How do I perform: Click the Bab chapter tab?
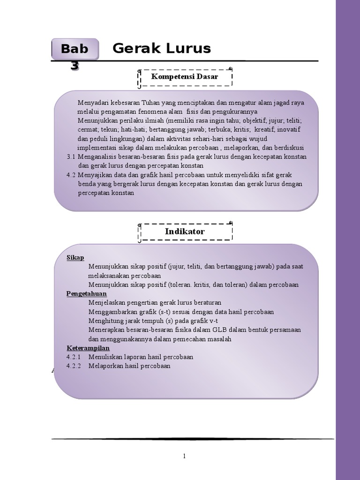coord(75,49)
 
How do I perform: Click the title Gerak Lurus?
coord(162,48)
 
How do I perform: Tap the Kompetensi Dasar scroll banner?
coord(185,77)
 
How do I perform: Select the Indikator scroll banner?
coord(185,232)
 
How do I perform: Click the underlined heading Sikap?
coord(75,257)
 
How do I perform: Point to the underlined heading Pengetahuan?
coord(87,293)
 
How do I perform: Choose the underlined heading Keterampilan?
coord(88,348)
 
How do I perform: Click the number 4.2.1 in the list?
coord(74,357)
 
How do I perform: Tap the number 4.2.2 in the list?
coord(74,366)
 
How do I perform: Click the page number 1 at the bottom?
coord(185,456)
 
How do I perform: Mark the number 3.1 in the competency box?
coord(71,157)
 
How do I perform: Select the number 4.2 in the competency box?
coord(71,174)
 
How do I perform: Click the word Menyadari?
coord(92,103)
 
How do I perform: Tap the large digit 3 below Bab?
coord(74,66)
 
